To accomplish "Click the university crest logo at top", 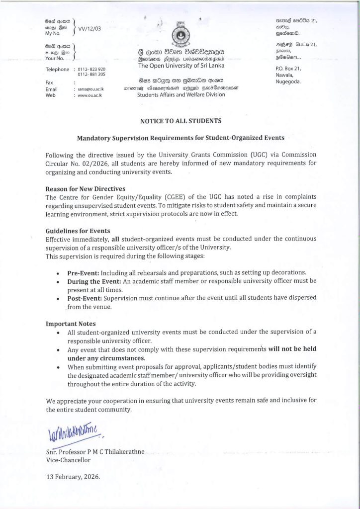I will [180, 34].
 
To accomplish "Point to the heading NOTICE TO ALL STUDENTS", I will [180, 121].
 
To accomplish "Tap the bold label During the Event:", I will [94, 282].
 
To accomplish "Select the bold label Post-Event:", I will [86, 299].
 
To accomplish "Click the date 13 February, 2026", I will [73, 476].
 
